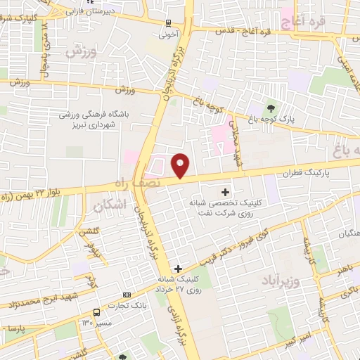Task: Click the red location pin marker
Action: tap(181, 165)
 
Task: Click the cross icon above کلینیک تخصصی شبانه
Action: tap(225, 191)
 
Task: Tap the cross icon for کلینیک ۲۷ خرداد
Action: tap(178, 268)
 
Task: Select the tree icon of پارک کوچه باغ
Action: tap(271, 108)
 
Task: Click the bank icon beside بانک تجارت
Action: tap(127, 295)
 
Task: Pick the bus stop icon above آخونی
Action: tap(168, 22)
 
